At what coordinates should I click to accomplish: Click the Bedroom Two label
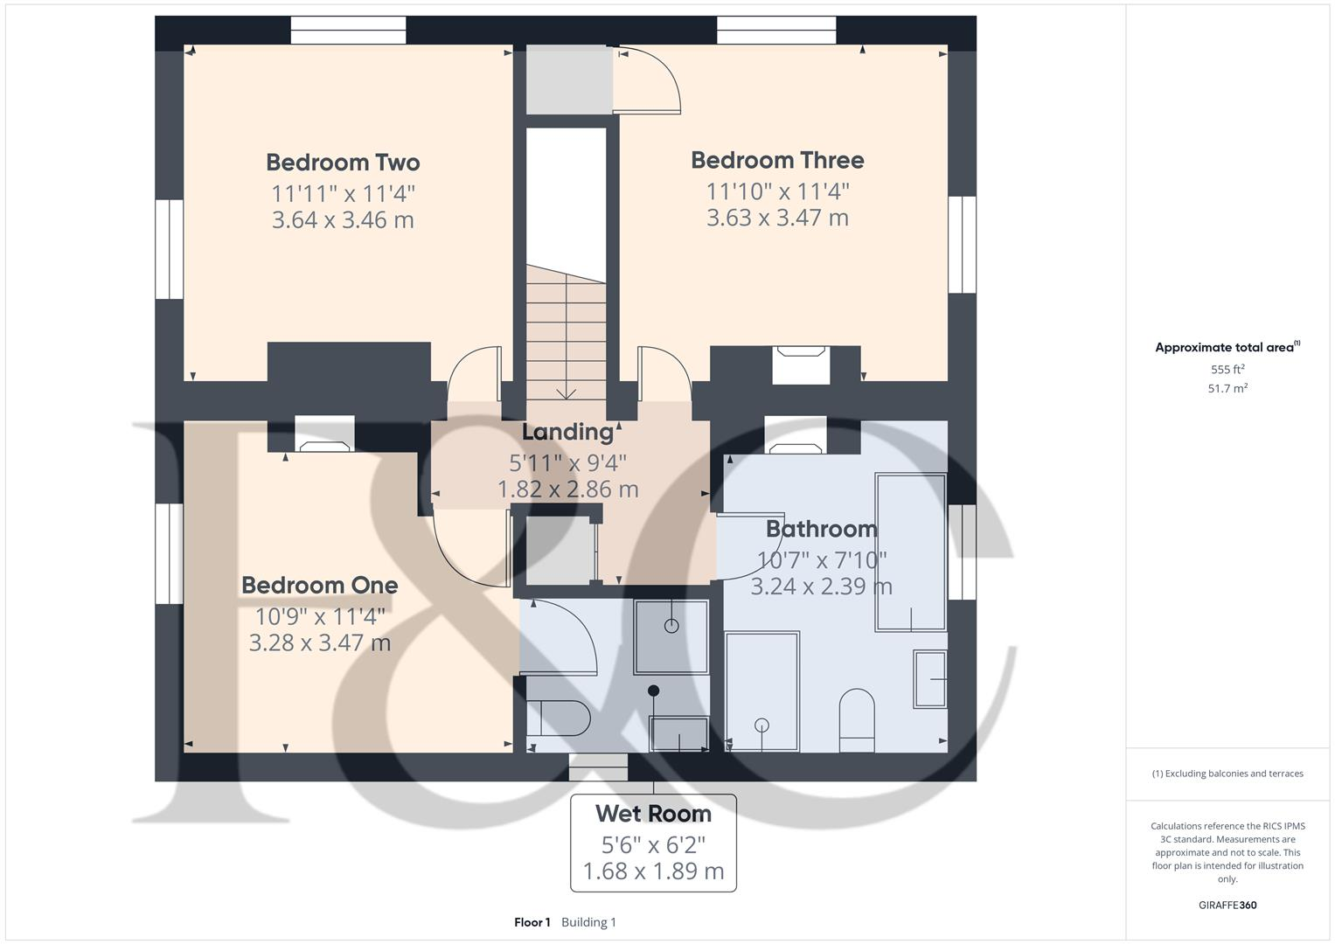click(x=343, y=163)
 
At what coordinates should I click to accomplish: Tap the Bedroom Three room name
click(x=777, y=160)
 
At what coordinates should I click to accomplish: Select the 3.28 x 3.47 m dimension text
click(x=319, y=643)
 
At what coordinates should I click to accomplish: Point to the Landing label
click(x=567, y=432)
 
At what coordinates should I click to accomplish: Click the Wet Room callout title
click(x=653, y=814)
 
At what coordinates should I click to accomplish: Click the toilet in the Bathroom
click(x=857, y=719)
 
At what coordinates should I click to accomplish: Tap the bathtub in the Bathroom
click(x=911, y=552)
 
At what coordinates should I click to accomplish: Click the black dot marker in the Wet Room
click(x=653, y=691)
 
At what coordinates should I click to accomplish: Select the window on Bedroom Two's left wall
click(x=170, y=249)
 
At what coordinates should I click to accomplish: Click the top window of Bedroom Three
click(x=776, y=31)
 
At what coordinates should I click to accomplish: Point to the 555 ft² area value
click(x=1227, y=370)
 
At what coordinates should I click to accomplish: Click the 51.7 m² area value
click(x=1227, y=389)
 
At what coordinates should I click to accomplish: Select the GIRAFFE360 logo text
click(x=1227, y=905)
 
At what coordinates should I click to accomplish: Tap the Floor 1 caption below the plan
click(x=532, y=922)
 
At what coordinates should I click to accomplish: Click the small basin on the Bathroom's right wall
click(x=930, y=678)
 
